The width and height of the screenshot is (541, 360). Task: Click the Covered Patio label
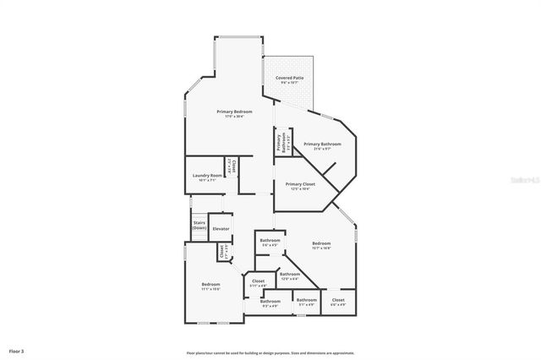coord(290,79)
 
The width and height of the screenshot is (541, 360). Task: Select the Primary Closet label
coord(300,185)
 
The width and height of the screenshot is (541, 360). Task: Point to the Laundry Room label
coord(207,177)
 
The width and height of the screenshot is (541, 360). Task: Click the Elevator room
coord(221,229)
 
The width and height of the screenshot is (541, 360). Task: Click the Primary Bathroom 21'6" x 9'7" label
coord(322,145)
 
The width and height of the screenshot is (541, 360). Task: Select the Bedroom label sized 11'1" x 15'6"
coord(210,286)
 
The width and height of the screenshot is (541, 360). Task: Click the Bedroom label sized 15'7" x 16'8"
coord(321,245)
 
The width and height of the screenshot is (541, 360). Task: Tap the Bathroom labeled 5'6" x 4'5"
coord(270,242)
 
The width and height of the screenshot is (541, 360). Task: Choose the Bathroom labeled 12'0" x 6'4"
coord(290,275)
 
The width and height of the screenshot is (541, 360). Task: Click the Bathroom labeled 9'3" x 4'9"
coord(270,303)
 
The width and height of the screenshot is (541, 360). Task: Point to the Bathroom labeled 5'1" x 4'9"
coord(307,301)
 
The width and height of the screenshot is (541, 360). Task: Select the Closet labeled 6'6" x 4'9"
coord(338,301)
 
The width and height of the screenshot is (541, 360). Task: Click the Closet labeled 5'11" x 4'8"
coord(258,282)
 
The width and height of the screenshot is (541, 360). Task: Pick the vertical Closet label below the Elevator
coord(222,251)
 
